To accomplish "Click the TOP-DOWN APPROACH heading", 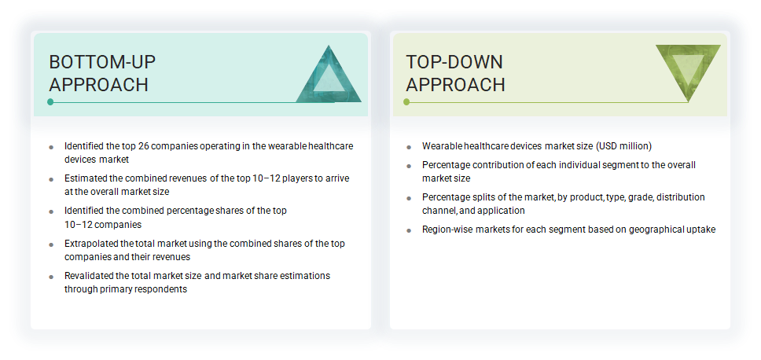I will coord(455,73).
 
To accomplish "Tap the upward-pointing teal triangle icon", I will coord(329,76).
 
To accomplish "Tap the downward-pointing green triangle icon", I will coord(687,72).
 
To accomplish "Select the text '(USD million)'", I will coord(623,146).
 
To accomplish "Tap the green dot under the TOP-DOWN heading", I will coord(406,102).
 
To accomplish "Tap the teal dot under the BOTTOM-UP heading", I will coord(50,102).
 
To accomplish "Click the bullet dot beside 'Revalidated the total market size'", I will coord(51,277).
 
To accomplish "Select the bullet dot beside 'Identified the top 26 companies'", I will coord(51,147).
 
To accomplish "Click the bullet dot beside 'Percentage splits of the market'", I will coord(409,198).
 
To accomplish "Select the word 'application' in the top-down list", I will coord(500,211).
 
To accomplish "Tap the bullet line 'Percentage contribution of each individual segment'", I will coord(558,165).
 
